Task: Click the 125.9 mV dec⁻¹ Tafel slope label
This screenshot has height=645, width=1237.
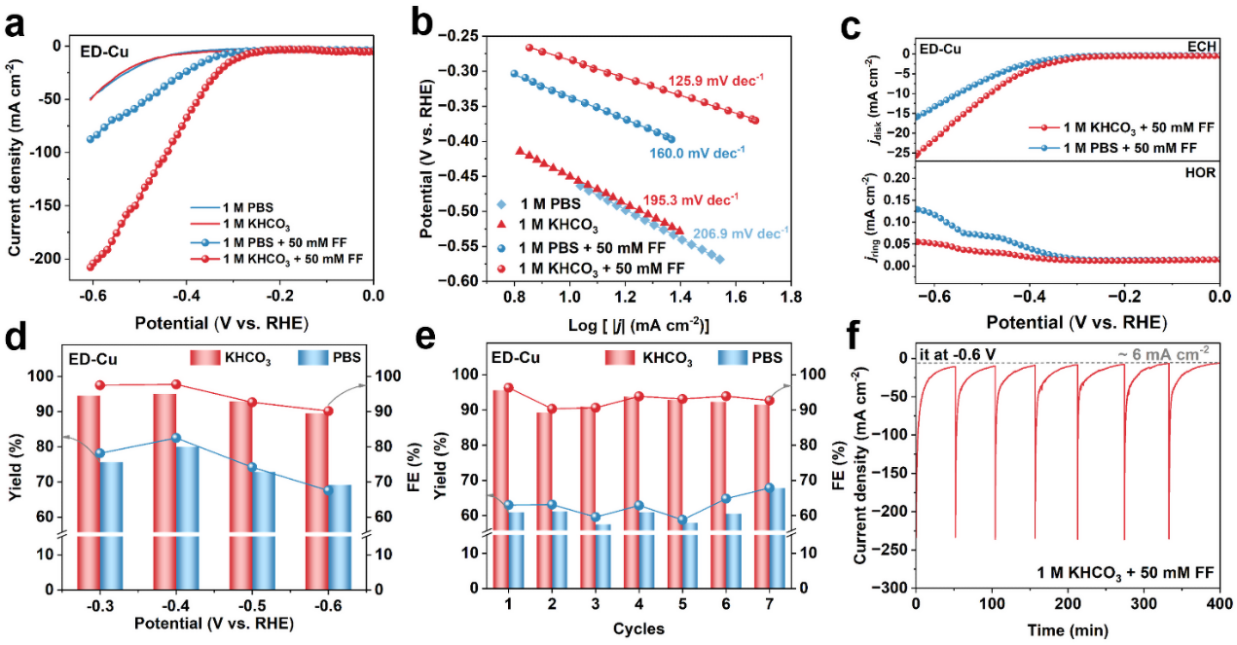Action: pos(713,82)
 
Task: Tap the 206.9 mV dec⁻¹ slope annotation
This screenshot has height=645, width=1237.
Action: pos(740,233)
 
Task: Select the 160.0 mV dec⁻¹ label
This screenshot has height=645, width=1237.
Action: pos(696,151)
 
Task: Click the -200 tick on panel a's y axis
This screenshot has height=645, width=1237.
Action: pos(47,260)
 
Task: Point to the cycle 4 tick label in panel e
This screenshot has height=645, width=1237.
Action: pos(638,605)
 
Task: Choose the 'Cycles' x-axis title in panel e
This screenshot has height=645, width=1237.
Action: pos(638,628)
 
